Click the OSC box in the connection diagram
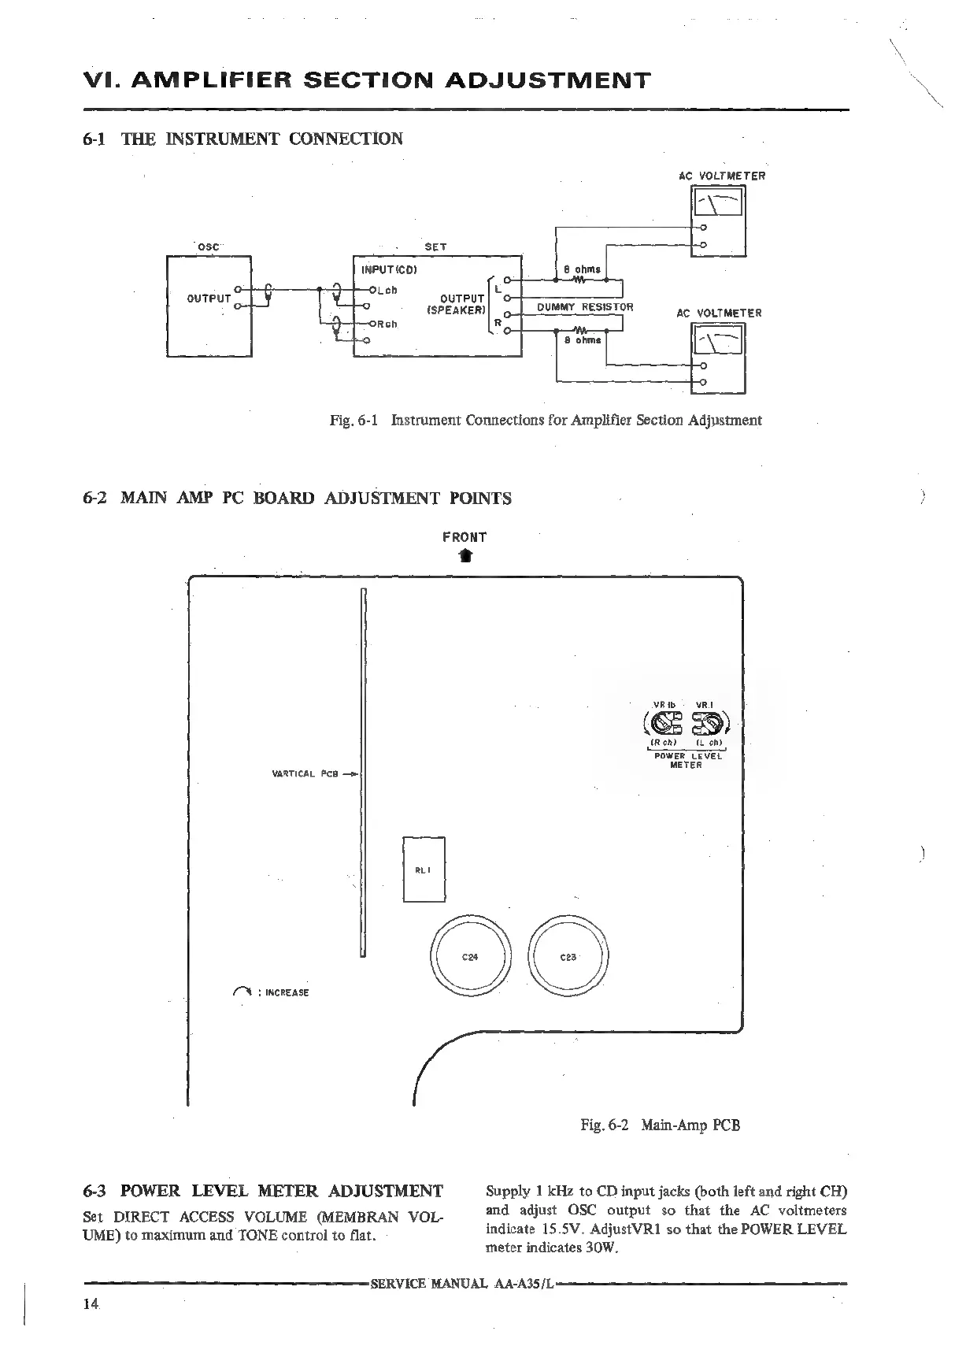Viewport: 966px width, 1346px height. pos(209,306)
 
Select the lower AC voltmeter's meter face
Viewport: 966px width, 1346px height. pos(717,342)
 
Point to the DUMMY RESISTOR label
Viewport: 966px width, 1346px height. pos(584,307)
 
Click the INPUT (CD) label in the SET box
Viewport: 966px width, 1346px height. pos(388,269)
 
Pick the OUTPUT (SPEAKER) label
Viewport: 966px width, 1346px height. pos(456,304)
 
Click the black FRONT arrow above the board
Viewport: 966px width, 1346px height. pos(465,557)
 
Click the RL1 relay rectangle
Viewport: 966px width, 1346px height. pos(424,870)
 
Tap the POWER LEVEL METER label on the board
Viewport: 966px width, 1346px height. pos(686,760)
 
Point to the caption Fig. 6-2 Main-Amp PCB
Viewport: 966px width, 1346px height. pos(660,1125)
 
